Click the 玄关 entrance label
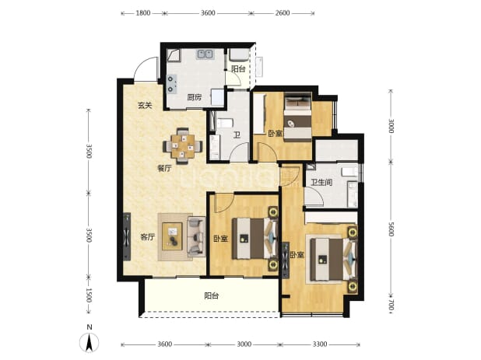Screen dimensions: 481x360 click(145, 106)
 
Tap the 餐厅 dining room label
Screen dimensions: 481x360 click(164, 168)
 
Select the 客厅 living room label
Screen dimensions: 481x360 click(147, 237)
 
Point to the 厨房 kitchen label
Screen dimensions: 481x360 click(195, 98)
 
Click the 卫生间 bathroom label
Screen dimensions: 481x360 click(321, 183)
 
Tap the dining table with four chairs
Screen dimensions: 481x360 click(183, 145)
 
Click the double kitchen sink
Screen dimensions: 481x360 click(205, 54)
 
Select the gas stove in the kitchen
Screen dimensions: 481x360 click(171, 84)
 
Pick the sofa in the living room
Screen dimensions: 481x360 click(196, 236)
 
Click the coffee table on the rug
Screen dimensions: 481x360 click(173, 236)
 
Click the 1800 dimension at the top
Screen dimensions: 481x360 click(143, 13)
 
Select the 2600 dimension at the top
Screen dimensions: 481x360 click(283, 13)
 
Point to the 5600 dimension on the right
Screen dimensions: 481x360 click(391, 229)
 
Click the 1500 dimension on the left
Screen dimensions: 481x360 click(89, 295)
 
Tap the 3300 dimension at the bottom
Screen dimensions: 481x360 click(320, 344)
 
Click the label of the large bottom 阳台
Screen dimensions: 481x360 click(212, 295)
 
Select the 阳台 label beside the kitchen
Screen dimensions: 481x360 click(238, 69)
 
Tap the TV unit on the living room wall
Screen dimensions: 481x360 click(127, 237)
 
